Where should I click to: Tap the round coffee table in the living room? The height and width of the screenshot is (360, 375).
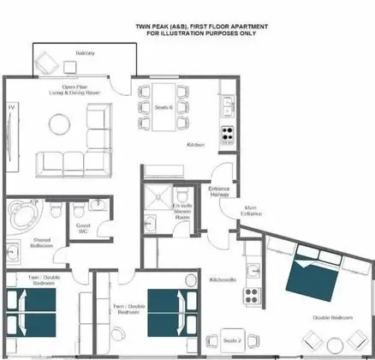coord(60,125)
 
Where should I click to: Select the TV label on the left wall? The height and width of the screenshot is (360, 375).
coord(10,106)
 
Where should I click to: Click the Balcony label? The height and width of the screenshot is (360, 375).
coord(85,53)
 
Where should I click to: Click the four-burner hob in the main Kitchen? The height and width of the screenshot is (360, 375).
coord(229,134)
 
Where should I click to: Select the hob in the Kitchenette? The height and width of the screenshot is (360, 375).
coord(253,296)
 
